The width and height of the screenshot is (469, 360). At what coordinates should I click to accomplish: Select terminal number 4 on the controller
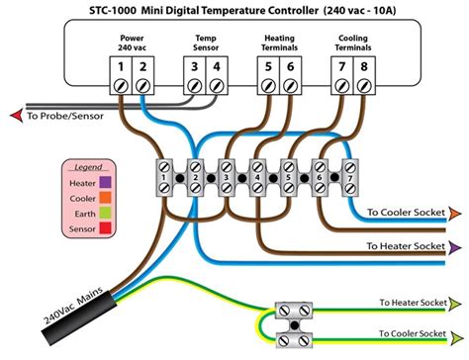point(217,66)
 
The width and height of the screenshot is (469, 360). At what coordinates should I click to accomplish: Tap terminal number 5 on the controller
point(268,66)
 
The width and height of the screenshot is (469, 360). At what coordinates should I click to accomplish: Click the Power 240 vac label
point(132,42)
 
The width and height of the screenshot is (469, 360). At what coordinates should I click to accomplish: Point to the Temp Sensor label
point(206,42)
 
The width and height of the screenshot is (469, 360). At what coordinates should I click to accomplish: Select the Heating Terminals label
point(278,42)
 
